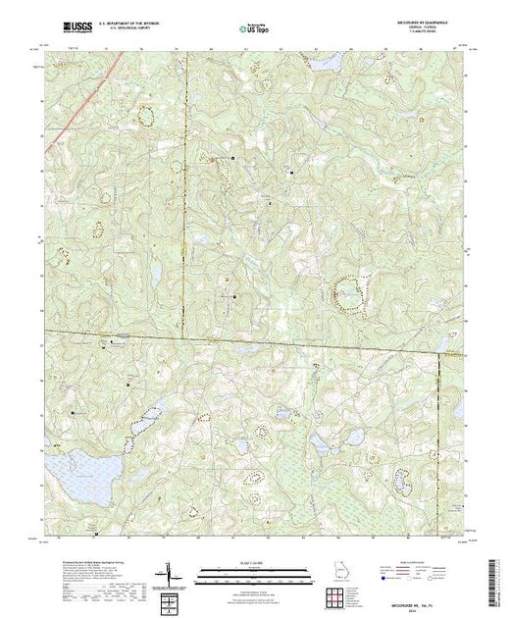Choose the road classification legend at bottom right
click(x=428, y=574)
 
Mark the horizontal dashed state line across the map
click(x=245, y=340)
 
